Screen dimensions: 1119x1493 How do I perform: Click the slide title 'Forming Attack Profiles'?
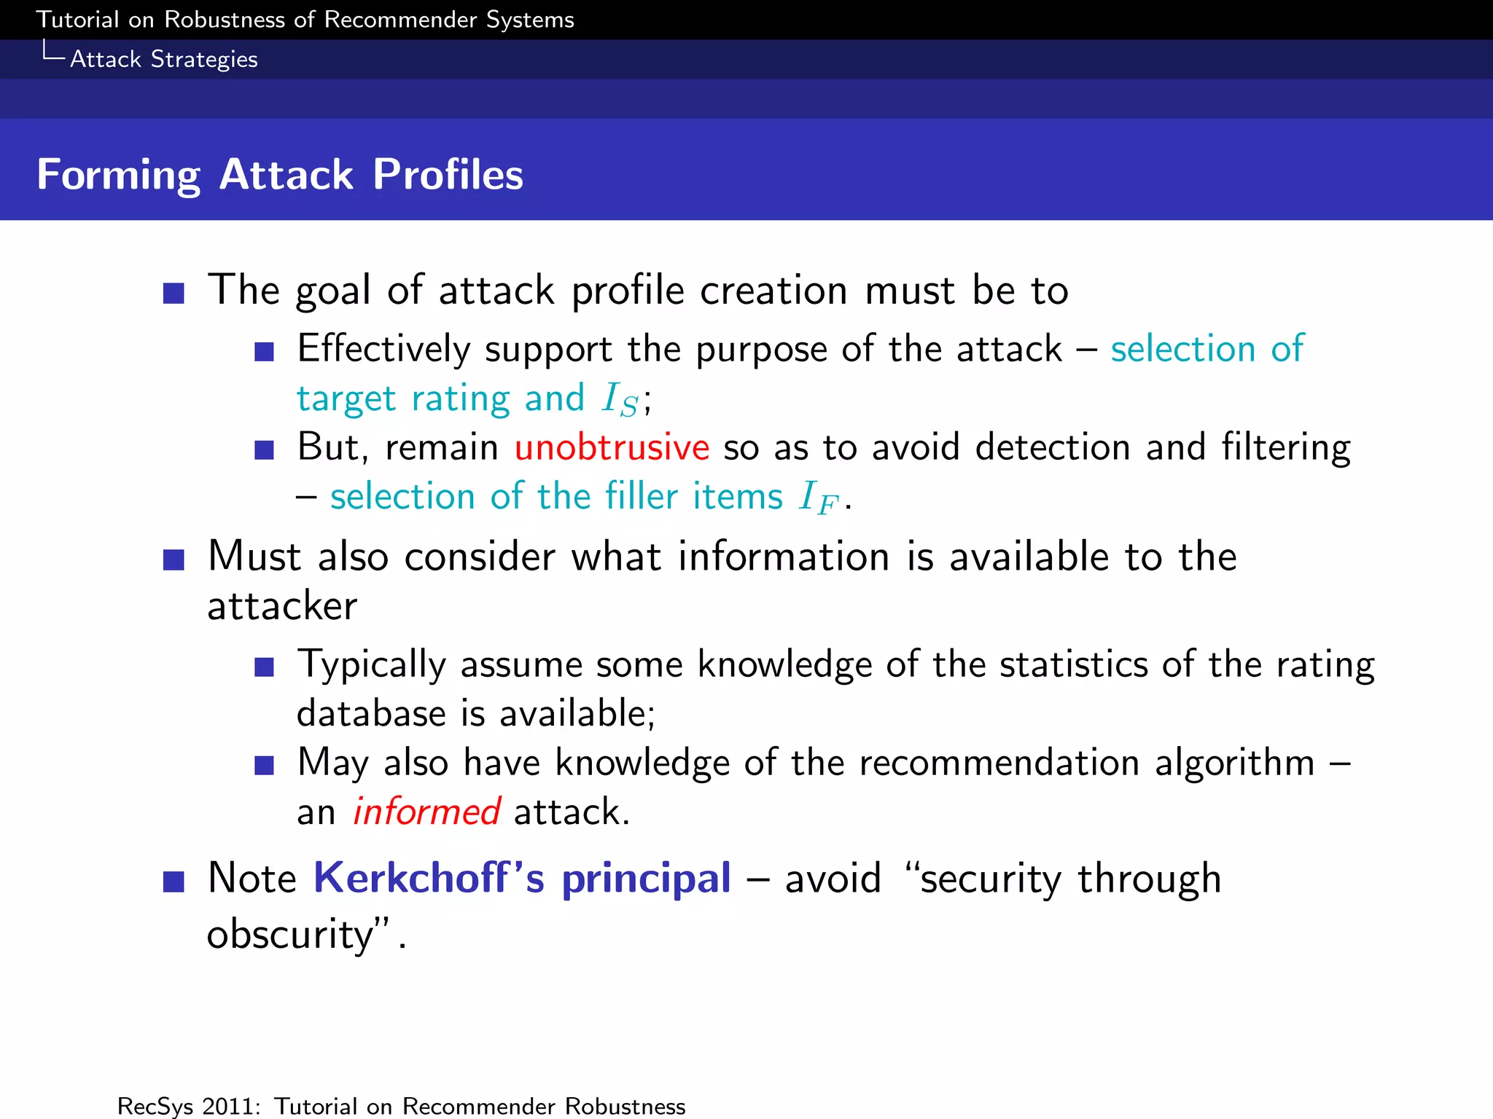click(x=280, y=175)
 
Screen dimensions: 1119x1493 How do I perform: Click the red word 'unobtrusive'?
click(x=611, y=447)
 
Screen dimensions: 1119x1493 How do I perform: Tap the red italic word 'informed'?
click(x=426, y=812)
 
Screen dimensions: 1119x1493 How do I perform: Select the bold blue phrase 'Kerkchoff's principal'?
click(x=522, y=878)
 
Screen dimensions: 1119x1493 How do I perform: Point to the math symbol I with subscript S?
click(x=620, y=400)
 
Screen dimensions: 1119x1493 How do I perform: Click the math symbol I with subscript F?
click(x=818, y=498)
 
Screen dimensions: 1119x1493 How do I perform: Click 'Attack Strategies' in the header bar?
click(x=163, y=59)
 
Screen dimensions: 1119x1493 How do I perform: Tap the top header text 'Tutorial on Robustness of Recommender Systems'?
click(x=305, y=20)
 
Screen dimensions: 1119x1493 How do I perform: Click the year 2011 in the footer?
click(x=231, y=1106)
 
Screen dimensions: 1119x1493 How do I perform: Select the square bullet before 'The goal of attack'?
click(x=174, y=294)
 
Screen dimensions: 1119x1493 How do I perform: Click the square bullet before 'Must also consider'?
click(x=174, y=560)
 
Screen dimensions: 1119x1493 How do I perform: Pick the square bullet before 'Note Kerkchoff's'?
click(x=174, y=882)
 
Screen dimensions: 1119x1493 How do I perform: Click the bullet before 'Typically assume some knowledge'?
click(x=264, y=667)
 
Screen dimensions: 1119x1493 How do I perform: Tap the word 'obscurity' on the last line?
click(x=290, y=935)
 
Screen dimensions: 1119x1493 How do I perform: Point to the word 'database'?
click(x=370, y=713)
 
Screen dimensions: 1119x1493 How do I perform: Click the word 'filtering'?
click(x=1285, y=447)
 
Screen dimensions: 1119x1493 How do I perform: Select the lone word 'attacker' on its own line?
click(x=282, y=606)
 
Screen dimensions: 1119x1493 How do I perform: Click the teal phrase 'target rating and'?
click(x=440, y=398)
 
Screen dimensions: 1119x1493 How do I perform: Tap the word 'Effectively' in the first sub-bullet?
click(x=383, y=349)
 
